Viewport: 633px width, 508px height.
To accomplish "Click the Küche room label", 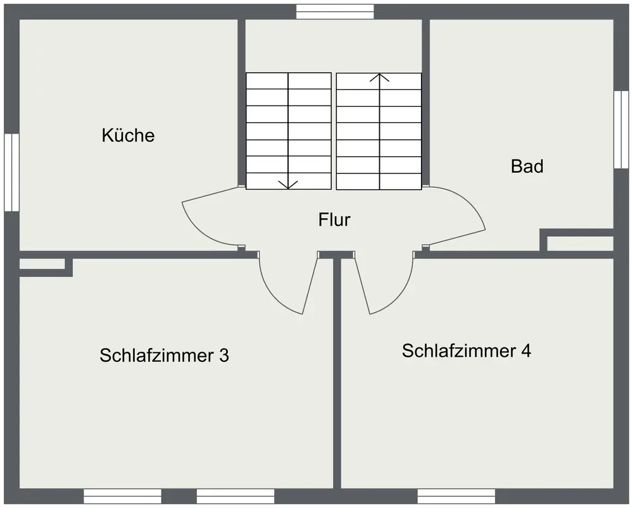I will pos(128,135).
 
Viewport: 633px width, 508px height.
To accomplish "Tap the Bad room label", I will pos(527,166).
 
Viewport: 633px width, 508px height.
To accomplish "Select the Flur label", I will pos(334,220).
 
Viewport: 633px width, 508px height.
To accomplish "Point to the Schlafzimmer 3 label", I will pos(164,356).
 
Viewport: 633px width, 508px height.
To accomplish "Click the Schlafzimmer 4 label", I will pos(466,350).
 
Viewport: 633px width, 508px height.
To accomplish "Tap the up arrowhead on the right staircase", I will pos(379,78).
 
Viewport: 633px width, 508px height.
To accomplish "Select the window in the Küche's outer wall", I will pos(11,172).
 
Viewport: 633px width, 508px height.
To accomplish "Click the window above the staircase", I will pos(335,11).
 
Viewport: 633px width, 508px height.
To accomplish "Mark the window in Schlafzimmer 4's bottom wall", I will pos(456,496).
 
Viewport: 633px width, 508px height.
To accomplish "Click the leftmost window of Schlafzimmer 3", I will pos(122,496).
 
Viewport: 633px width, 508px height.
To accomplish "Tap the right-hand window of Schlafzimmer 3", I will pos(235,496).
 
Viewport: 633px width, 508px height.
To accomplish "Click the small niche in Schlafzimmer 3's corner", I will pos(42,265).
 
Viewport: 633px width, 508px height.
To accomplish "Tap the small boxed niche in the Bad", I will pos(580,244).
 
